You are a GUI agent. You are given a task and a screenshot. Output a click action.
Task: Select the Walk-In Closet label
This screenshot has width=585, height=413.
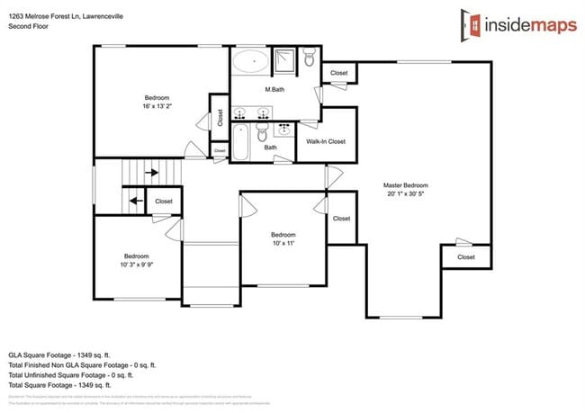pyautogui.click(x=325, y=141)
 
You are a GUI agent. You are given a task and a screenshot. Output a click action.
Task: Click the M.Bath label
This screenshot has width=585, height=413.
pyautogui.click(x=274, y=91)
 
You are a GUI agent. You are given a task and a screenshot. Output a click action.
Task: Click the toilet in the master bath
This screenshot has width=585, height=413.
pyautogui.click(x=310, y=60)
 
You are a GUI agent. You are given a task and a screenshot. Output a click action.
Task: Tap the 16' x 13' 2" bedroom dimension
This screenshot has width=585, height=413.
pyautogui.click(x=157, y=106)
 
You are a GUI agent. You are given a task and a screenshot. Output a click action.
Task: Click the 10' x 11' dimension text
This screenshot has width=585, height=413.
pyautogui.click(x=284, y=242)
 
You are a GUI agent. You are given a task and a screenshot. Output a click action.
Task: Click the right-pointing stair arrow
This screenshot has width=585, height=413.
pyautogui.click(x=152, y=172)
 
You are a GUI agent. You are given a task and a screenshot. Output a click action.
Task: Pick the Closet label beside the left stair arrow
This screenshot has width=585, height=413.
pyautogui.click(x=164, y=202)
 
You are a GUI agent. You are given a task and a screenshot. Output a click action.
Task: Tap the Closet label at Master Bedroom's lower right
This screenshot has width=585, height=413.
pyautogui.click(x=465, y=257)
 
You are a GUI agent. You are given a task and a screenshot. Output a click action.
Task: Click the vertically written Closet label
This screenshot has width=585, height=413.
pyautogui.click(x=220, y=118)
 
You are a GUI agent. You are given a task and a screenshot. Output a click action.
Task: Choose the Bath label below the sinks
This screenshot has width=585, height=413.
pyautogui.click(x=270, y=148)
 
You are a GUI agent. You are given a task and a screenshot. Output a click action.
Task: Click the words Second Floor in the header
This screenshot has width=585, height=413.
pyautogui.click(x=28, y=27)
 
